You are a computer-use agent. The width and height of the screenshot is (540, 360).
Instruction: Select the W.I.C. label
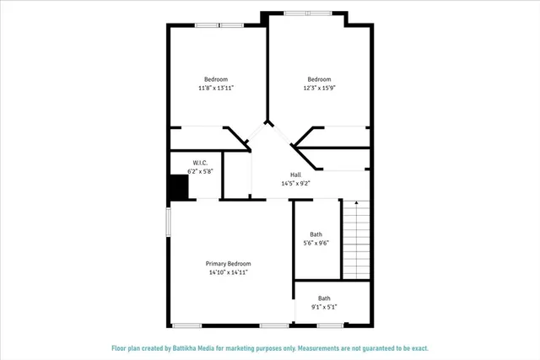click(200, 163)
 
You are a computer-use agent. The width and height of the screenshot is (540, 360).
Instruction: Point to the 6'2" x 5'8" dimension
click(200, 171)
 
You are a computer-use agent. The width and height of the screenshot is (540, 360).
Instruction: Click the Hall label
click(296, 175)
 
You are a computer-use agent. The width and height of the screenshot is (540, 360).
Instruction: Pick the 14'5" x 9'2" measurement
click(296, 183)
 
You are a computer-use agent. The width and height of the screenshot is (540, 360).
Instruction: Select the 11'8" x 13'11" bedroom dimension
click(216, 88)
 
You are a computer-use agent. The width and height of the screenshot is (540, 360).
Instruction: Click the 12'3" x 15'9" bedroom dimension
click(319, 88)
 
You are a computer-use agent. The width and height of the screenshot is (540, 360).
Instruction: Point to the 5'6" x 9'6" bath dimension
click(316, 243)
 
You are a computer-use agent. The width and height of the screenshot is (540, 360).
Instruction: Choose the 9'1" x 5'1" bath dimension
click(324, 307)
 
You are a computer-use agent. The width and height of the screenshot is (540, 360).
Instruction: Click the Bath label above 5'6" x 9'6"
click(316, 234)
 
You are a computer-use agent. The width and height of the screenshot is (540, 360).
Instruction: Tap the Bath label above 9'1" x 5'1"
click(324, 298)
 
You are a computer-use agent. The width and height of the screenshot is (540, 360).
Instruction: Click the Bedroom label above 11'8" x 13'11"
click(216, 79)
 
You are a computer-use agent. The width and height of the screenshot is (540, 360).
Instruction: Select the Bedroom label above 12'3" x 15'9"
click(319, 79)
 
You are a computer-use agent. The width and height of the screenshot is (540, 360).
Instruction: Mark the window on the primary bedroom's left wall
click(168, 223)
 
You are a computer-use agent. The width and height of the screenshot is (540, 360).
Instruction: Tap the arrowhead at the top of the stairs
click(356, 204)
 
